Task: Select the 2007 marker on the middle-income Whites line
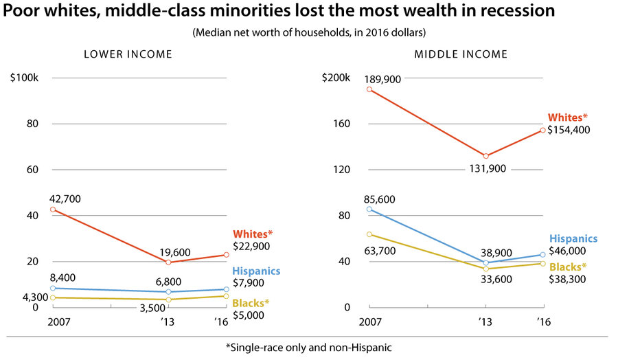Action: (369, 89)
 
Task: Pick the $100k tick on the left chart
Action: (24, 78)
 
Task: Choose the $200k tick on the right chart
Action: (336, 78)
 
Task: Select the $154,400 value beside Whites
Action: (571, 130)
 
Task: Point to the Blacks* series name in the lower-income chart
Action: (251, 303)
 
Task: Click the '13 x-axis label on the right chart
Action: (485, 322)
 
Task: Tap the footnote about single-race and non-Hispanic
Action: (308, 348)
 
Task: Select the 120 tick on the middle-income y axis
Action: (343, 170)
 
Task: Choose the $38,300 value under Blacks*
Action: (567, 280)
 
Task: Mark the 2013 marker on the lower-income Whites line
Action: (168, 262)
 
